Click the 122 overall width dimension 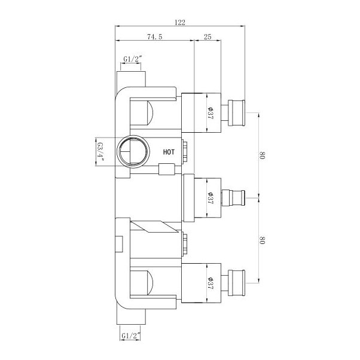[180, 22]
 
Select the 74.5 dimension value [154, 37]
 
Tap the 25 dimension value [208, 37]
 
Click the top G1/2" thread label [132, 58]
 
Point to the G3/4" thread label [100, 152]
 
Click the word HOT [169, 152]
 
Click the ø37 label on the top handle [210, 111]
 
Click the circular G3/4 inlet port [132, 152]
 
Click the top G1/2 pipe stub [132, 78]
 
